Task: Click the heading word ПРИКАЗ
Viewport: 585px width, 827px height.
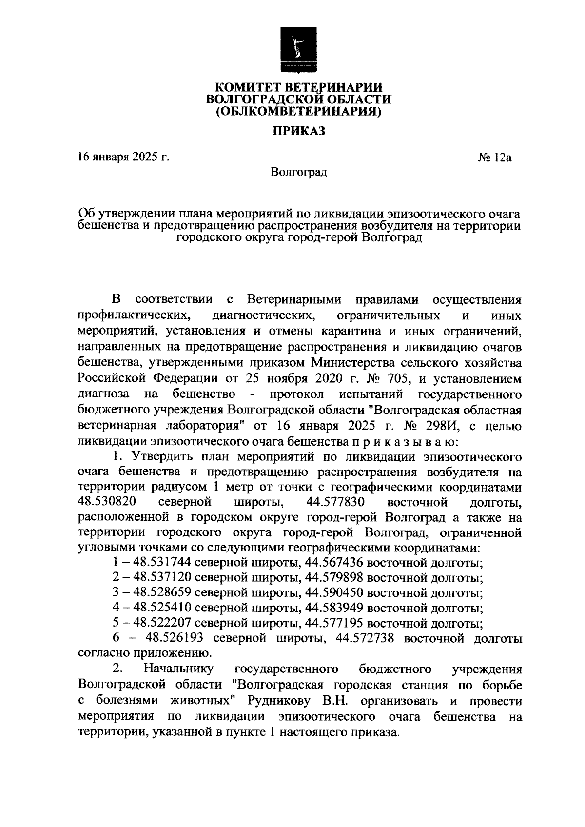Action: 298,131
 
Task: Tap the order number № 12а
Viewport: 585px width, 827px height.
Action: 493,157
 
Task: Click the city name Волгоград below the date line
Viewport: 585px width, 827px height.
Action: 298,172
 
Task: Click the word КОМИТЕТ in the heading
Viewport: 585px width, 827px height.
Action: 246,87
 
